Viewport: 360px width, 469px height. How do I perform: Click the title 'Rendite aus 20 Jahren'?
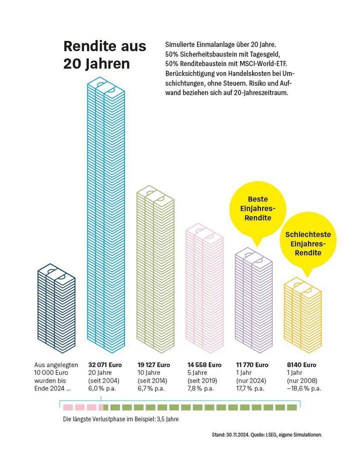104,55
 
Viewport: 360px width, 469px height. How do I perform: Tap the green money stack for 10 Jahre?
155,270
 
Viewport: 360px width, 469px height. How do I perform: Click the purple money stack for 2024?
254,300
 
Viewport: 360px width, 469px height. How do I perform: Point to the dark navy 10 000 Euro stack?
56,310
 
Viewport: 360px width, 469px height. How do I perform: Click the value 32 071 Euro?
105,365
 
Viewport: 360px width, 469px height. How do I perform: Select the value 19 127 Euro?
154,365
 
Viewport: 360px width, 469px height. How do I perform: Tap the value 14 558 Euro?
204,365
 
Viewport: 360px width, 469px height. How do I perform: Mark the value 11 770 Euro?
252,365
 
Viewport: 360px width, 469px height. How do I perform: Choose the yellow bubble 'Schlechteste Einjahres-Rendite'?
307,243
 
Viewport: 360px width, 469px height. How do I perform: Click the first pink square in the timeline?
67,407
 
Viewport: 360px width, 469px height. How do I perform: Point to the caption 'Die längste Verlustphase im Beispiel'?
120,419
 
